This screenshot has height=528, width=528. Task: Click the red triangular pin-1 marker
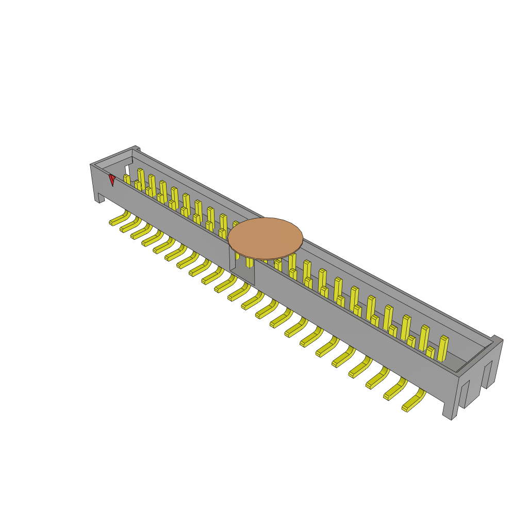[x=112, y=179]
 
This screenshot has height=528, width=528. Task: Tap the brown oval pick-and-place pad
[x=265, y=238]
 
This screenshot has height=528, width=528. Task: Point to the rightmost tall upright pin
[x=443, y=349]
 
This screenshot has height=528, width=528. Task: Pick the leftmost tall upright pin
[x=141, y=178]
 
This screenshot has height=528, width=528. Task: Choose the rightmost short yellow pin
[x=430, y=353]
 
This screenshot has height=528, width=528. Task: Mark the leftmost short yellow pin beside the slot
[x=127, y=179]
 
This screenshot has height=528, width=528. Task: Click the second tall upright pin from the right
[x=424, y=338]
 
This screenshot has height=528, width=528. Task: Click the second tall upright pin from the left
[x=152, y=185]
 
